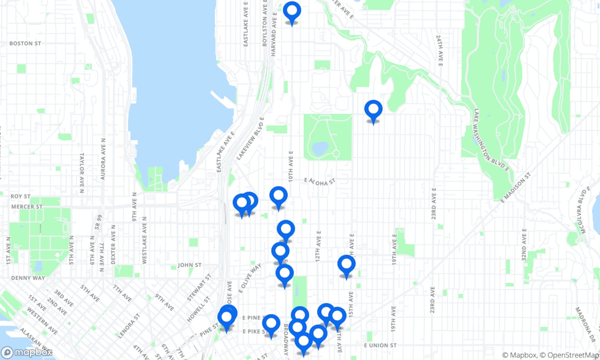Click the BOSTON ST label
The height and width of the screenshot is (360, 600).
pyautogui.click(x=25, y=43)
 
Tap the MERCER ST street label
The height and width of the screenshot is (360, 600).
pyautogui.click(x=27, y=207)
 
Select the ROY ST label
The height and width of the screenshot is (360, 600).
pyautogui.click(x=20, y=196)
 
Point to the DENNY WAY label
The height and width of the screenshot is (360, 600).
pyautogui.click(x=28, y=278)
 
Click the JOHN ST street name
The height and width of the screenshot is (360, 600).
pyautogui.click(x=190, y=265)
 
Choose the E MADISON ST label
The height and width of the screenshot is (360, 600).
pyautogui.click(x=516, y=187)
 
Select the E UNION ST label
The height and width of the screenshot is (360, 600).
pyautogui.click(x=380, y=345)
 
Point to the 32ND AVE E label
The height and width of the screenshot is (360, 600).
pyautogui.click(x=524, y=244)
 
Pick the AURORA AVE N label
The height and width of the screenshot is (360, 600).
pyautogui.click(x=103, y=159)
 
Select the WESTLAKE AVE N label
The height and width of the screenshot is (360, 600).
pyautogui.click(x=144, y=240)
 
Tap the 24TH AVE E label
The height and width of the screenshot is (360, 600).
pyautogui.click(x=439, y=50)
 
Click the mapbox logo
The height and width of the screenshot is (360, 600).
pyautogui.click(x=27, y=352)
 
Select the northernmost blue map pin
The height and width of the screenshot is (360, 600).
pyautogui.click(x=292, y=11)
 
